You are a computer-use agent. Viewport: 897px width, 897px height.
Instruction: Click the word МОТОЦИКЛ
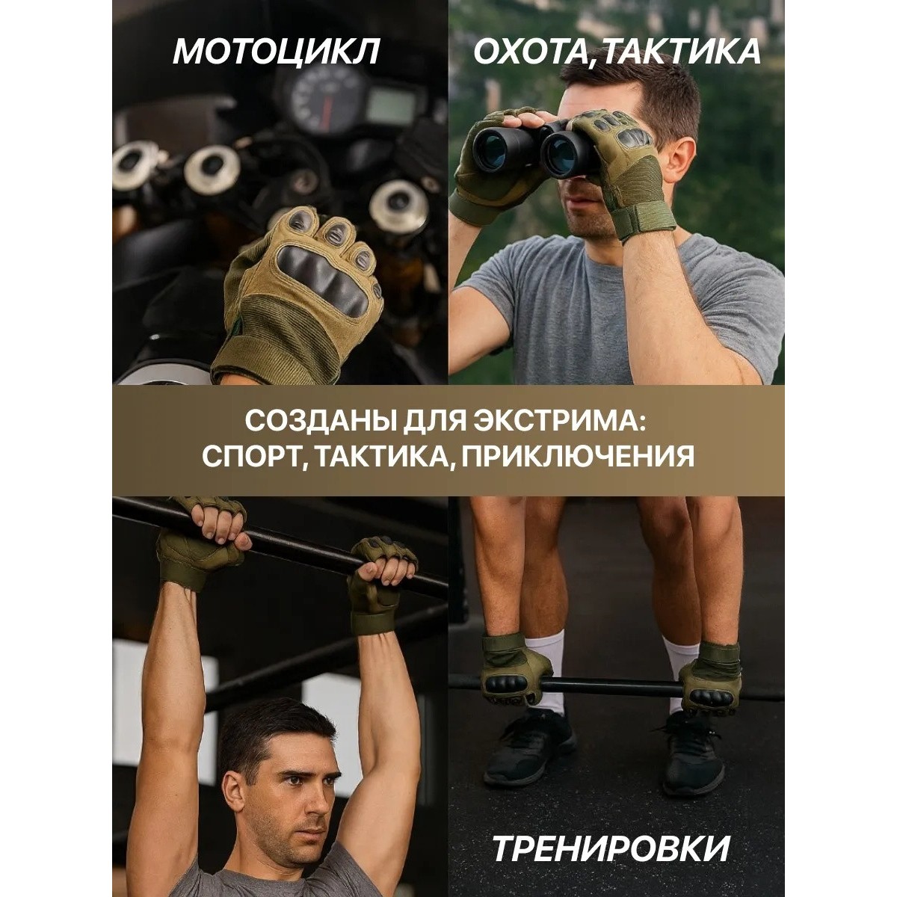point(276,53)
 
